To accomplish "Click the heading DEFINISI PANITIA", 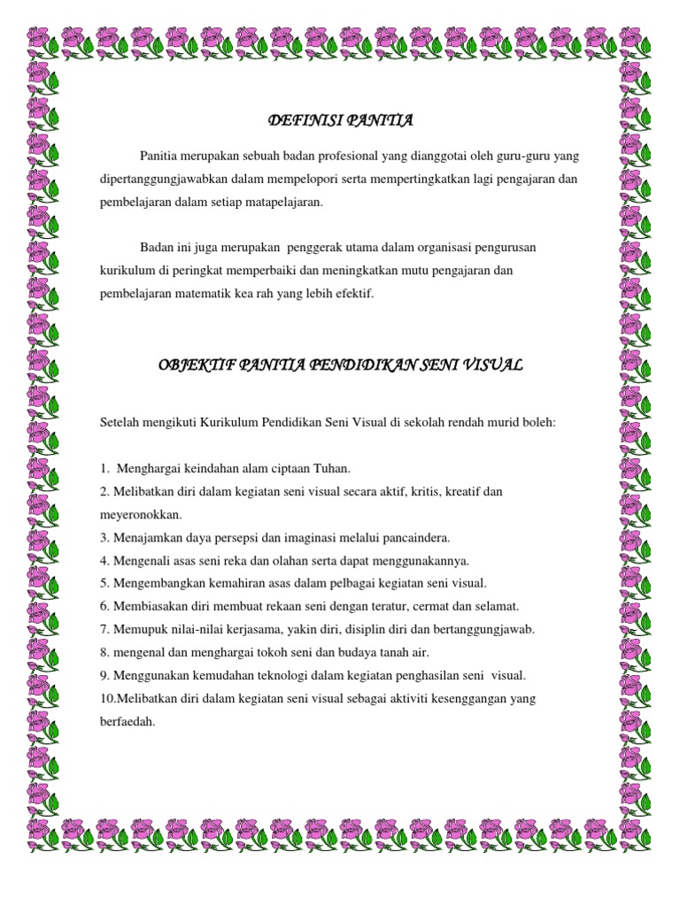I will pos(341,120).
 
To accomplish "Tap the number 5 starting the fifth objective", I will pos(104,582).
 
